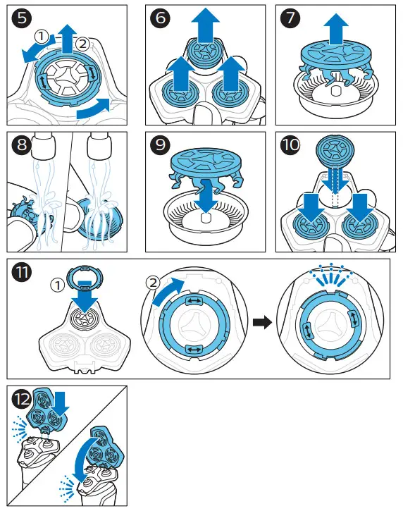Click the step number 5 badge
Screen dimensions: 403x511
(22, 18)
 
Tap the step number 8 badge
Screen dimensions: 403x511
(22, 144)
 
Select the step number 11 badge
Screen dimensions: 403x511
(22, 271)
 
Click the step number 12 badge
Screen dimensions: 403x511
(22, 398)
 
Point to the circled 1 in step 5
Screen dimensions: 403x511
(42, 37)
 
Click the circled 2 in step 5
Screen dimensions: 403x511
(82, 44)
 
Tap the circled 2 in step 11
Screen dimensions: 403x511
(154, 283)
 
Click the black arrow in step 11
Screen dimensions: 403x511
(262, 322)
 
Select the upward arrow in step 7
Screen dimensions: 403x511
(336, 30)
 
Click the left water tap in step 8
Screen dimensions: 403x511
(44, 144)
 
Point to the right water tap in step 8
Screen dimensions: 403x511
(99, 144)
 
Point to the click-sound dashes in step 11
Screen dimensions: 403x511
(331, 274)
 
